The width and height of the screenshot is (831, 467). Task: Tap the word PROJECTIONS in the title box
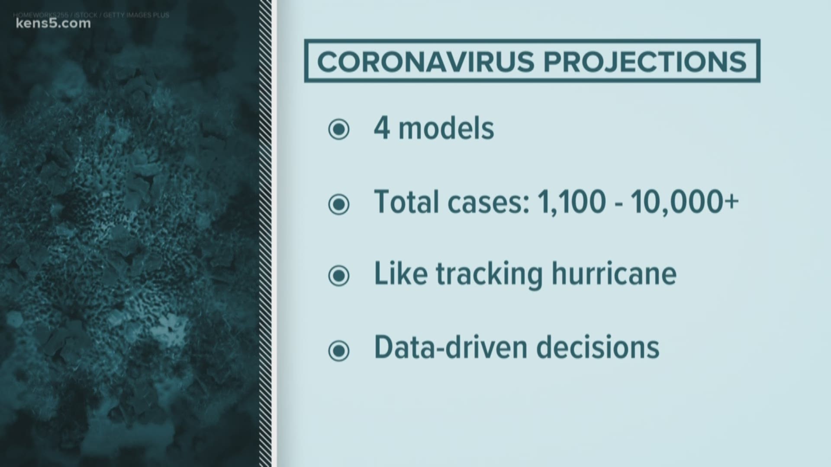pos(645,61)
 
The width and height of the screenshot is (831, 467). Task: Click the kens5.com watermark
pos(53,24)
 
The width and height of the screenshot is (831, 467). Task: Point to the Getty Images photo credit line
pos(91,15)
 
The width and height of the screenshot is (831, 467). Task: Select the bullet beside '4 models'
pos(338,129)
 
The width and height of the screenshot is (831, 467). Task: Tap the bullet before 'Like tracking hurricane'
pos(338,275)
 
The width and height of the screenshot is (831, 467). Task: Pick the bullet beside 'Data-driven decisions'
pos(338,350)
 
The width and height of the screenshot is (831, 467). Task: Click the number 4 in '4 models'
pos(382,128)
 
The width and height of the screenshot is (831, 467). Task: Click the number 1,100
pos(571,202)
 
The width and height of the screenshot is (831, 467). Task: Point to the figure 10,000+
pos(684,202)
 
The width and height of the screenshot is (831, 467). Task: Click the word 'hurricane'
pos(614,273)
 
